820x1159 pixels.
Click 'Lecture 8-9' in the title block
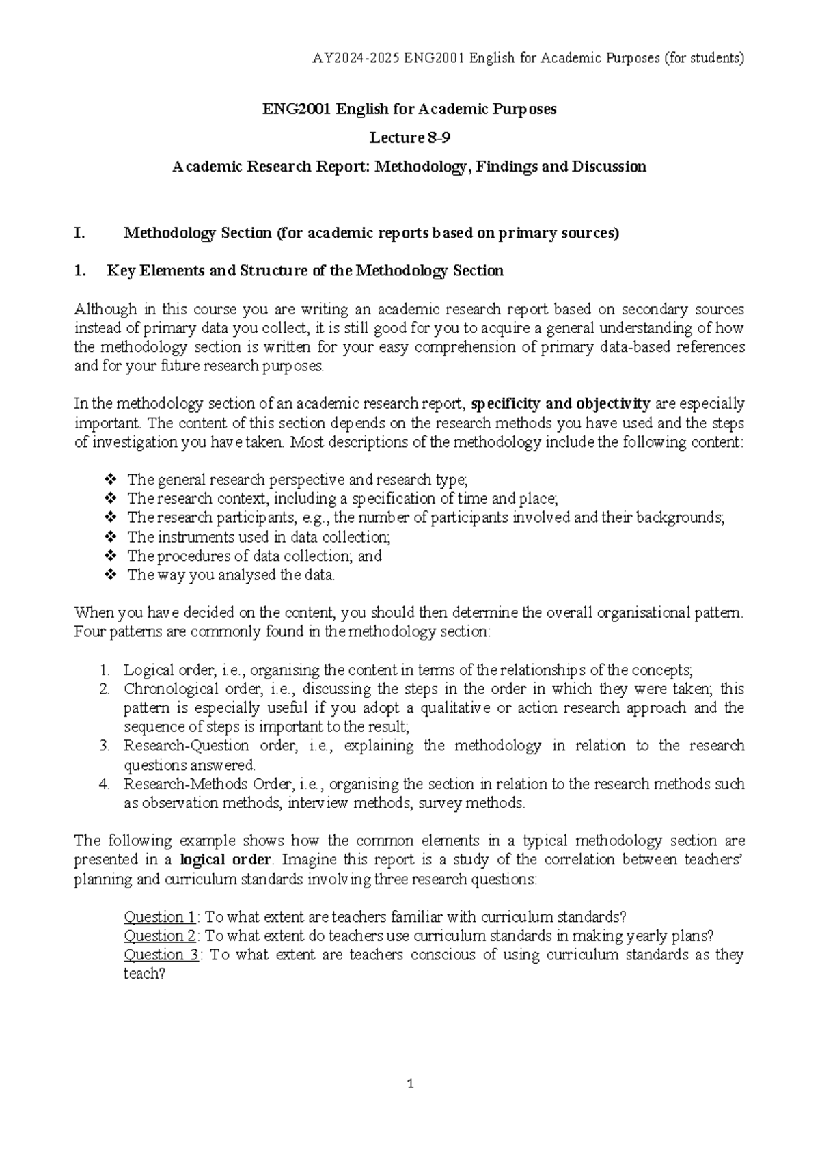[410, 137]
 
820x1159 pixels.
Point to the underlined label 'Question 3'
[161, 955]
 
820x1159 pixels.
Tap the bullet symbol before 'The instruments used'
[111, 537]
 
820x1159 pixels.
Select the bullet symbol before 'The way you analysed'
[111, 575]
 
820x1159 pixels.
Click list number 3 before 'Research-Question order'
[104, 746]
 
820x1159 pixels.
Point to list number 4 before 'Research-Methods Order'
[104, 785]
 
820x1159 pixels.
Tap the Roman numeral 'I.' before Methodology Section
[79, 234]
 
